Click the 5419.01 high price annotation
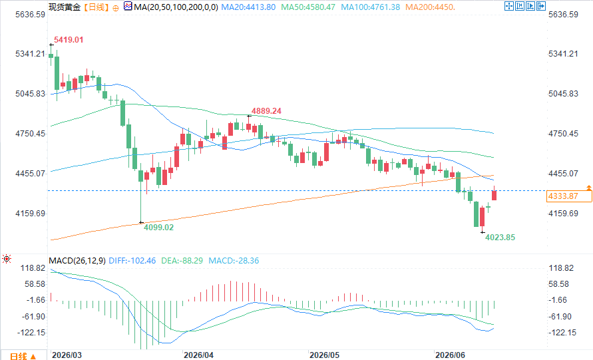[x=69, y=40]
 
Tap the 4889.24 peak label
[x=266, y=111]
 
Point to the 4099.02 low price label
[x=158, y=228]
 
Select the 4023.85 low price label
[x=500, y=237]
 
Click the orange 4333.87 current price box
[x=569, y=196]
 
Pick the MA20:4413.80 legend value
[x=248, y=7]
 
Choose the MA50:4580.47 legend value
[x=308, y=7]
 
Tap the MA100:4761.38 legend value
[x=370, y=7]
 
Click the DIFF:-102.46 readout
[x=132, y=261]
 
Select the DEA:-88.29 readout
[x=182, y=261]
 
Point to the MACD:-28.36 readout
[x=234, y=261]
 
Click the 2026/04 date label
[x=198, y=355]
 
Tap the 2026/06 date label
[x=450, y=355]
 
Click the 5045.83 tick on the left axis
[x=30, y=93]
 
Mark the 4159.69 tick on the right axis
[x=563, y=214]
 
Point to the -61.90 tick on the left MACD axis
[x=35, y=316]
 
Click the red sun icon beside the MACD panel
[x=7, y=259]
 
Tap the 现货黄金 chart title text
[x=65, y=7]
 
